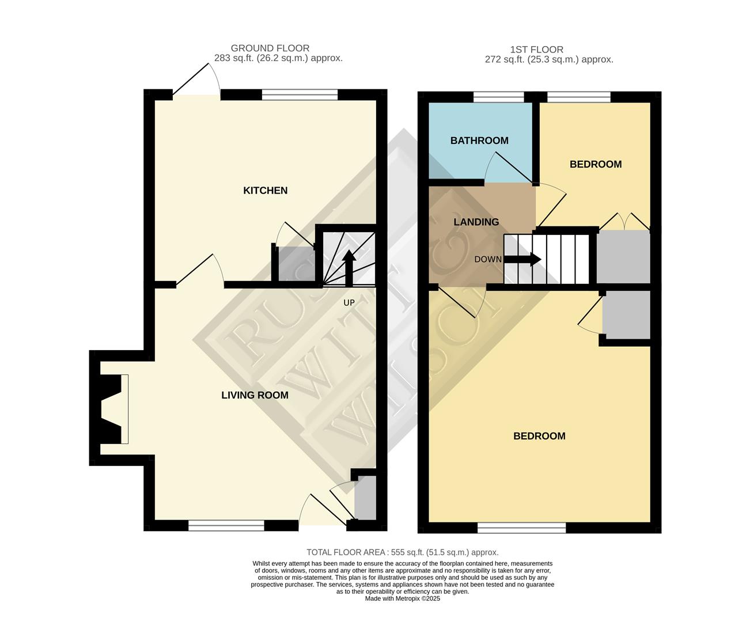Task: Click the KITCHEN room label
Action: pyautogui.click(x=265, y=191)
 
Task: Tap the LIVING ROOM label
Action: pyautogui.click(x=255, y=395)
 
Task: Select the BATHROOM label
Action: pyautogui.click(x=479, y=141)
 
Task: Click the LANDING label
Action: pyautogui.click(x=476, y=222)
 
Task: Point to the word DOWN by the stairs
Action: pyautogui.click(x=488, y=259)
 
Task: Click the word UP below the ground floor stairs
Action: pyautogui.click(x=349, y=302)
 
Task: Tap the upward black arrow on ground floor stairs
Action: pyautogui.click(x=349, y=267)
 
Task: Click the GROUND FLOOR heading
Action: pyautogui.click(x=270, y=48)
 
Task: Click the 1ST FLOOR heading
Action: pyautogui.click(x=537, y=50)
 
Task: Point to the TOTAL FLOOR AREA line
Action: pyautogui.click(x=402, y=552)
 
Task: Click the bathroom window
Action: pyautogui.click(x=499, y=96)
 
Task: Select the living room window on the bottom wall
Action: pyautogui.click(x=226, y=525)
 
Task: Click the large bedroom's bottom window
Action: pyautogui.click(x=522, y=528)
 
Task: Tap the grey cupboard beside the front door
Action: pyautogui.click(x=365, y=498)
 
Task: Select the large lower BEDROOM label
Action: pyautogui.click(x=539, y=436)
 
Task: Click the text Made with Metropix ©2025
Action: pyautogui.click(x=402, y=599)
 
